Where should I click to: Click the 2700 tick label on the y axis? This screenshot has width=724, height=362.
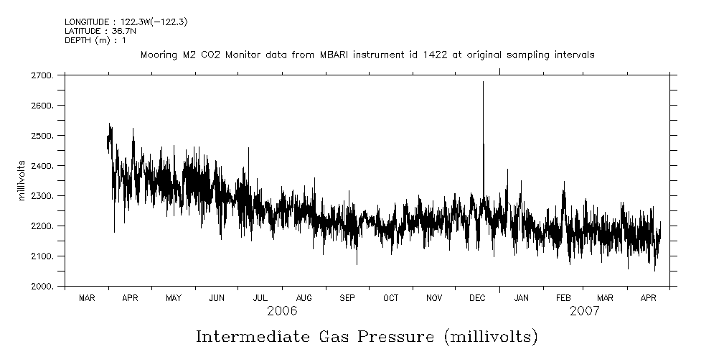[43, 75]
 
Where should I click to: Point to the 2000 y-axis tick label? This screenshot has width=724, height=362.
[43, 287]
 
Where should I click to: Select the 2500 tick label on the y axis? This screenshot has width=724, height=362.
[43, 136]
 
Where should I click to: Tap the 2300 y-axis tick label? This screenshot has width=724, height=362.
[43, 196]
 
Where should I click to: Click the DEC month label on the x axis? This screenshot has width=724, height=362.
[478, 297]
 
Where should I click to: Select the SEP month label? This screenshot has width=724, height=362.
[347, 297]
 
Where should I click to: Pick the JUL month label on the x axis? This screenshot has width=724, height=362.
[260, 297]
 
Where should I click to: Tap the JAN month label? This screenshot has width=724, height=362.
[522, 297]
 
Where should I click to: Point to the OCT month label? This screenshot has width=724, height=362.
[391, 297]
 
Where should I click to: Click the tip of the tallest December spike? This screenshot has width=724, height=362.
[483, 82]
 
